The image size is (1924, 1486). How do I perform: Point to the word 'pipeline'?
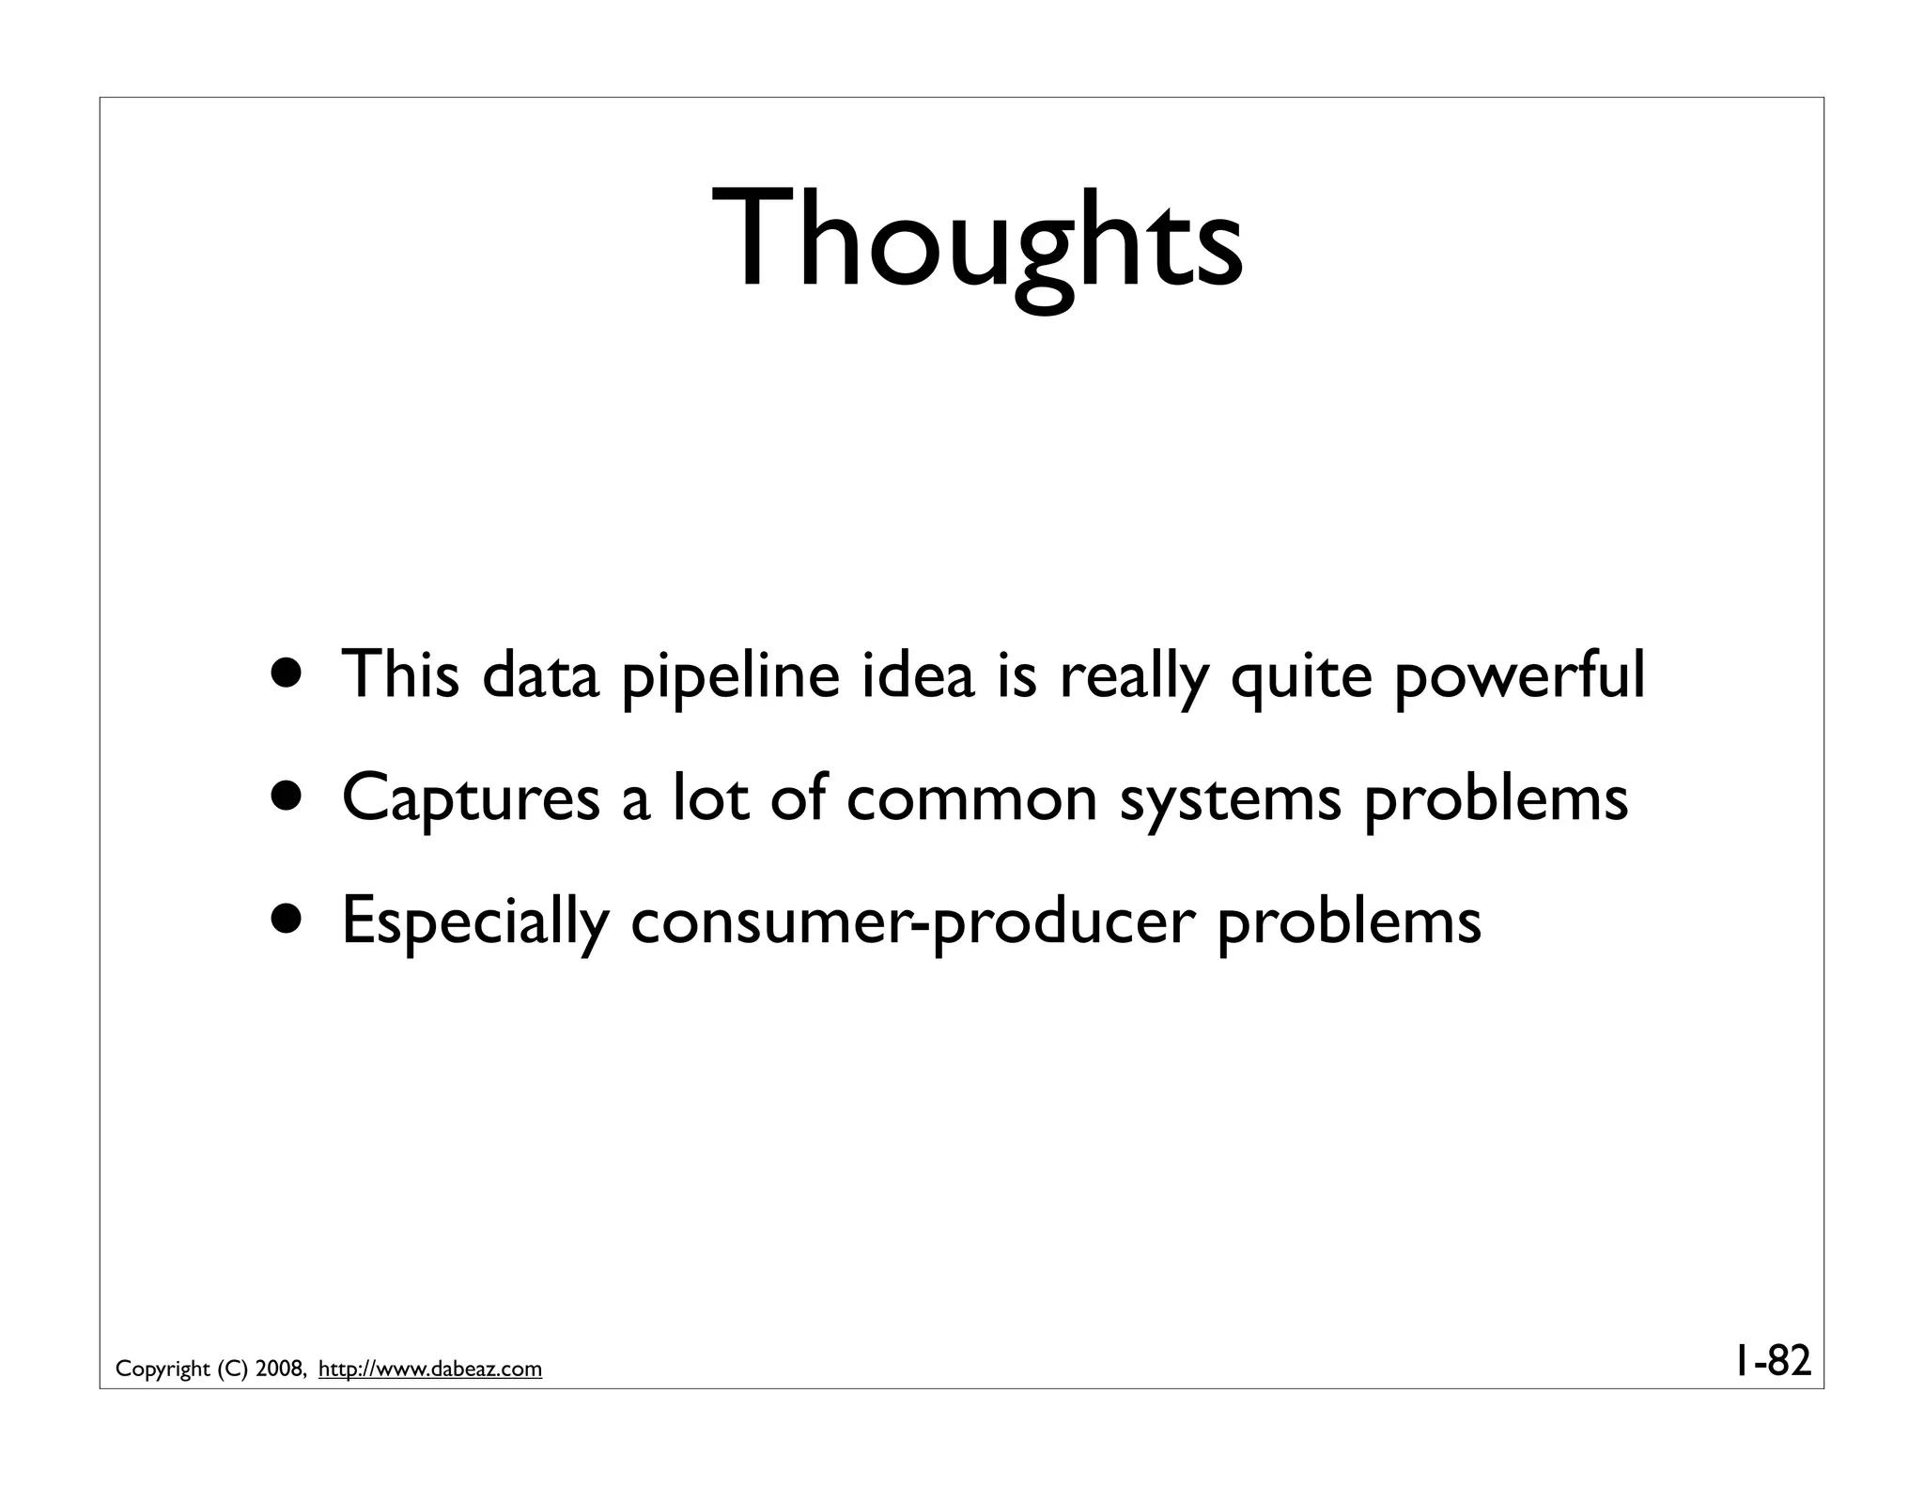click(730, 676)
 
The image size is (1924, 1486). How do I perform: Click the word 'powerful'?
click(1518, 676)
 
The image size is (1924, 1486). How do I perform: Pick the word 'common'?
click(971, 798)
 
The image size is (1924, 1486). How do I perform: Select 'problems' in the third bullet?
click(1348, 922)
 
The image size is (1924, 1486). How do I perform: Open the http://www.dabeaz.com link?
click(430, 1370)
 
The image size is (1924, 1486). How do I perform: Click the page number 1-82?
click(1772, 1360)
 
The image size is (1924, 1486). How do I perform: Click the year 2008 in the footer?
click(278, 1370)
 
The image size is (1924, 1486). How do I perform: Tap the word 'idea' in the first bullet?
click(918, 674)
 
